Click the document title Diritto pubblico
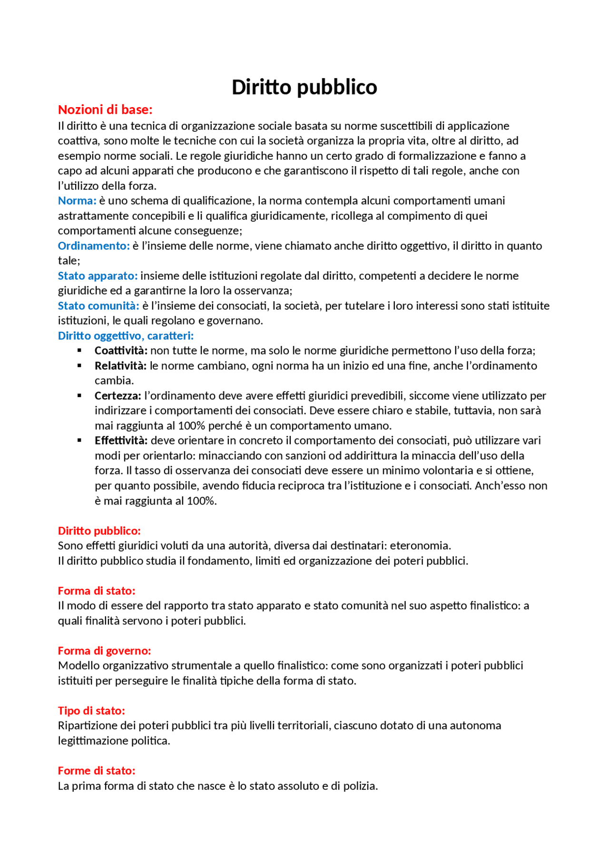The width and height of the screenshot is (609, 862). coord(304,88)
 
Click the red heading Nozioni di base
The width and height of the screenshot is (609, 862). coord(105,110)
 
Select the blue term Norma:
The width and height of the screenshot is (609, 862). coord(77,201)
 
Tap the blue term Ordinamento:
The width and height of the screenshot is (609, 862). coord(94,246)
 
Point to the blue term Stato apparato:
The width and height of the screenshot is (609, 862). coord(98,276)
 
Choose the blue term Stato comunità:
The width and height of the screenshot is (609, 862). coord(98,306)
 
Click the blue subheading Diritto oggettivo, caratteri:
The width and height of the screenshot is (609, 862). coord(126,336)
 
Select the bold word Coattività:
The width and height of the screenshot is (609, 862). coord(121,351)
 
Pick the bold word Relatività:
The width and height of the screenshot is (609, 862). coord(120,366)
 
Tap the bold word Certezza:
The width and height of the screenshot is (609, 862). coord(118,396)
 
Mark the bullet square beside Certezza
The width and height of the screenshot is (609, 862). coord(79,396)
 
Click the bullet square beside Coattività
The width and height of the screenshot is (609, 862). coord(79,351)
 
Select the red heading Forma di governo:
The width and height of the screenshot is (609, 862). coord(104,651)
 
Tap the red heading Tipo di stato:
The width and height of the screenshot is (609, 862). coord(91,711)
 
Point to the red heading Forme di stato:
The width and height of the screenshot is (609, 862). coord(97,771)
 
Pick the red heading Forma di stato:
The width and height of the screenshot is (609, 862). coord(97,591)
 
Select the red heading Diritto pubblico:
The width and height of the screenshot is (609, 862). coord(99,531)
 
